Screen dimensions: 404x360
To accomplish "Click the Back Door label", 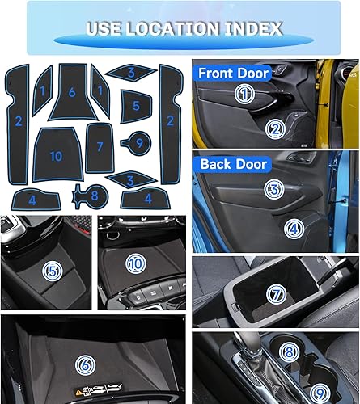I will tap(229, 164).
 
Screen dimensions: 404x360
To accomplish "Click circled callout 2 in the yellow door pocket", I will tap(276, 128).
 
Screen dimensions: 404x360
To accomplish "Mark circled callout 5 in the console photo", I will tap(53, 269).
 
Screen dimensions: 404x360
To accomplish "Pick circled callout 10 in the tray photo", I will tap(136, 263).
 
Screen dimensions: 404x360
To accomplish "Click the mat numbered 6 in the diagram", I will tap(72, 94).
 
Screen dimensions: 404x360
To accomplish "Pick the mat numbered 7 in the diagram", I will tap(100, 147).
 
